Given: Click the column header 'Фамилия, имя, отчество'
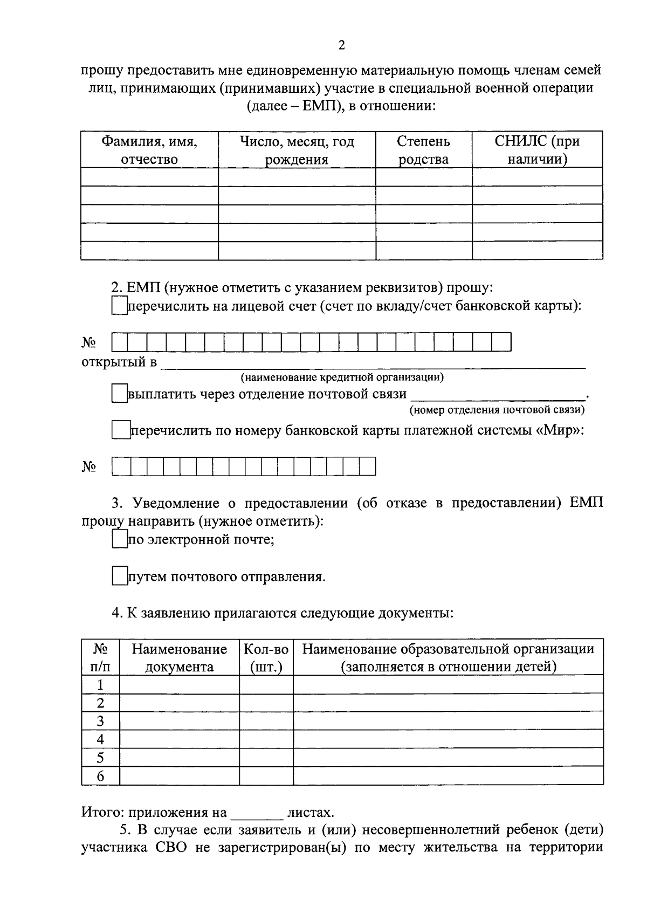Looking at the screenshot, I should click(149, 150).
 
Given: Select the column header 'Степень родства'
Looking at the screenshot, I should click(423, 150).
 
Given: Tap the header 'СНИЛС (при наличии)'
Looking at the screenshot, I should click(537, 150).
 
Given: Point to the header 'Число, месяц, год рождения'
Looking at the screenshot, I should click(297, 150).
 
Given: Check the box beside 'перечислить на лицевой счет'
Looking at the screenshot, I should click(119, 306).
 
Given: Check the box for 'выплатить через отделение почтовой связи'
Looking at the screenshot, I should click(119, 394).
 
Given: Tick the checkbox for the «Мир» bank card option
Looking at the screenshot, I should click(121, 430).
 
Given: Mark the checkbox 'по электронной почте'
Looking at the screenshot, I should click(119, 539).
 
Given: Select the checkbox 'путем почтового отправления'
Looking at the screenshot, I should click(119, 577).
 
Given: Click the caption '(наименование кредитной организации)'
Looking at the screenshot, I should click(342, 377).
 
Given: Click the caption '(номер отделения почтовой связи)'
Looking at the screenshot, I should click(497, 410).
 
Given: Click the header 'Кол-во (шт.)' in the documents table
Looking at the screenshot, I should click(266, 657).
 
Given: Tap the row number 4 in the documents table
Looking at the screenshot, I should click(100, 739).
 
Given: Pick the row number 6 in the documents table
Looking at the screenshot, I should click(100, 776).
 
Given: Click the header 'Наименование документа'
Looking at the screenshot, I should click(179, 657).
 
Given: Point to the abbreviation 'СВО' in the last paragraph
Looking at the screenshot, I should click(171, 847).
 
